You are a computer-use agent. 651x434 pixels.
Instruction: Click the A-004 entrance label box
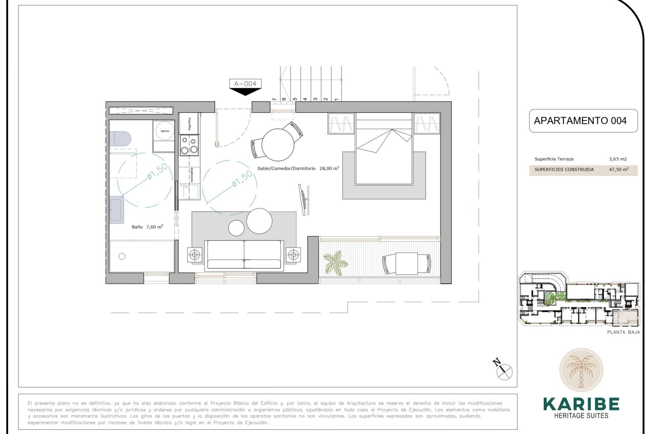click(245, 83)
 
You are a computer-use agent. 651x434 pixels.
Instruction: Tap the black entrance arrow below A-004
click(245, 92)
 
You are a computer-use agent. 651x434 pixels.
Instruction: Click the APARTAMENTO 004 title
click(580, 121)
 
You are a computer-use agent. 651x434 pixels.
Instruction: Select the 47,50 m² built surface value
click(618, 170)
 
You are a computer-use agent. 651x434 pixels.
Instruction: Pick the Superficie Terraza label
click(554, 159)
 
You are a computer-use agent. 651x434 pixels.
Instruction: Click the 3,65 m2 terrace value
click(618, 159)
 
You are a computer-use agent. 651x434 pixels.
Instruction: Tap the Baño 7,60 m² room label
click(147, 227)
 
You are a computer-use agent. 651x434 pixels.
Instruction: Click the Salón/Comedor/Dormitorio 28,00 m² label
click(298, 168)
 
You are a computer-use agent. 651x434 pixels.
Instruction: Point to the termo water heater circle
click(165, 131)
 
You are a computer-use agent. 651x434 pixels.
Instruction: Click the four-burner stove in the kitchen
click(189, 145)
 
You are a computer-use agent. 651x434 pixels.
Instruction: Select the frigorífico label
click(189, 124)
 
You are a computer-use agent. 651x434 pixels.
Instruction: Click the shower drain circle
click(122, 256)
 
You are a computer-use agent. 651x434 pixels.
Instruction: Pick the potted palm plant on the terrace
click(335, 261)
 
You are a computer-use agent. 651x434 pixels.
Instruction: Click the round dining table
click(278, 145)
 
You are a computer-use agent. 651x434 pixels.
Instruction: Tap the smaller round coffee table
click(236, 228)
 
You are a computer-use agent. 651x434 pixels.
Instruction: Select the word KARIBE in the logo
click(581, 404)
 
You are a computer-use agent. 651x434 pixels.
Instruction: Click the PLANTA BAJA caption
click(623, 332)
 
